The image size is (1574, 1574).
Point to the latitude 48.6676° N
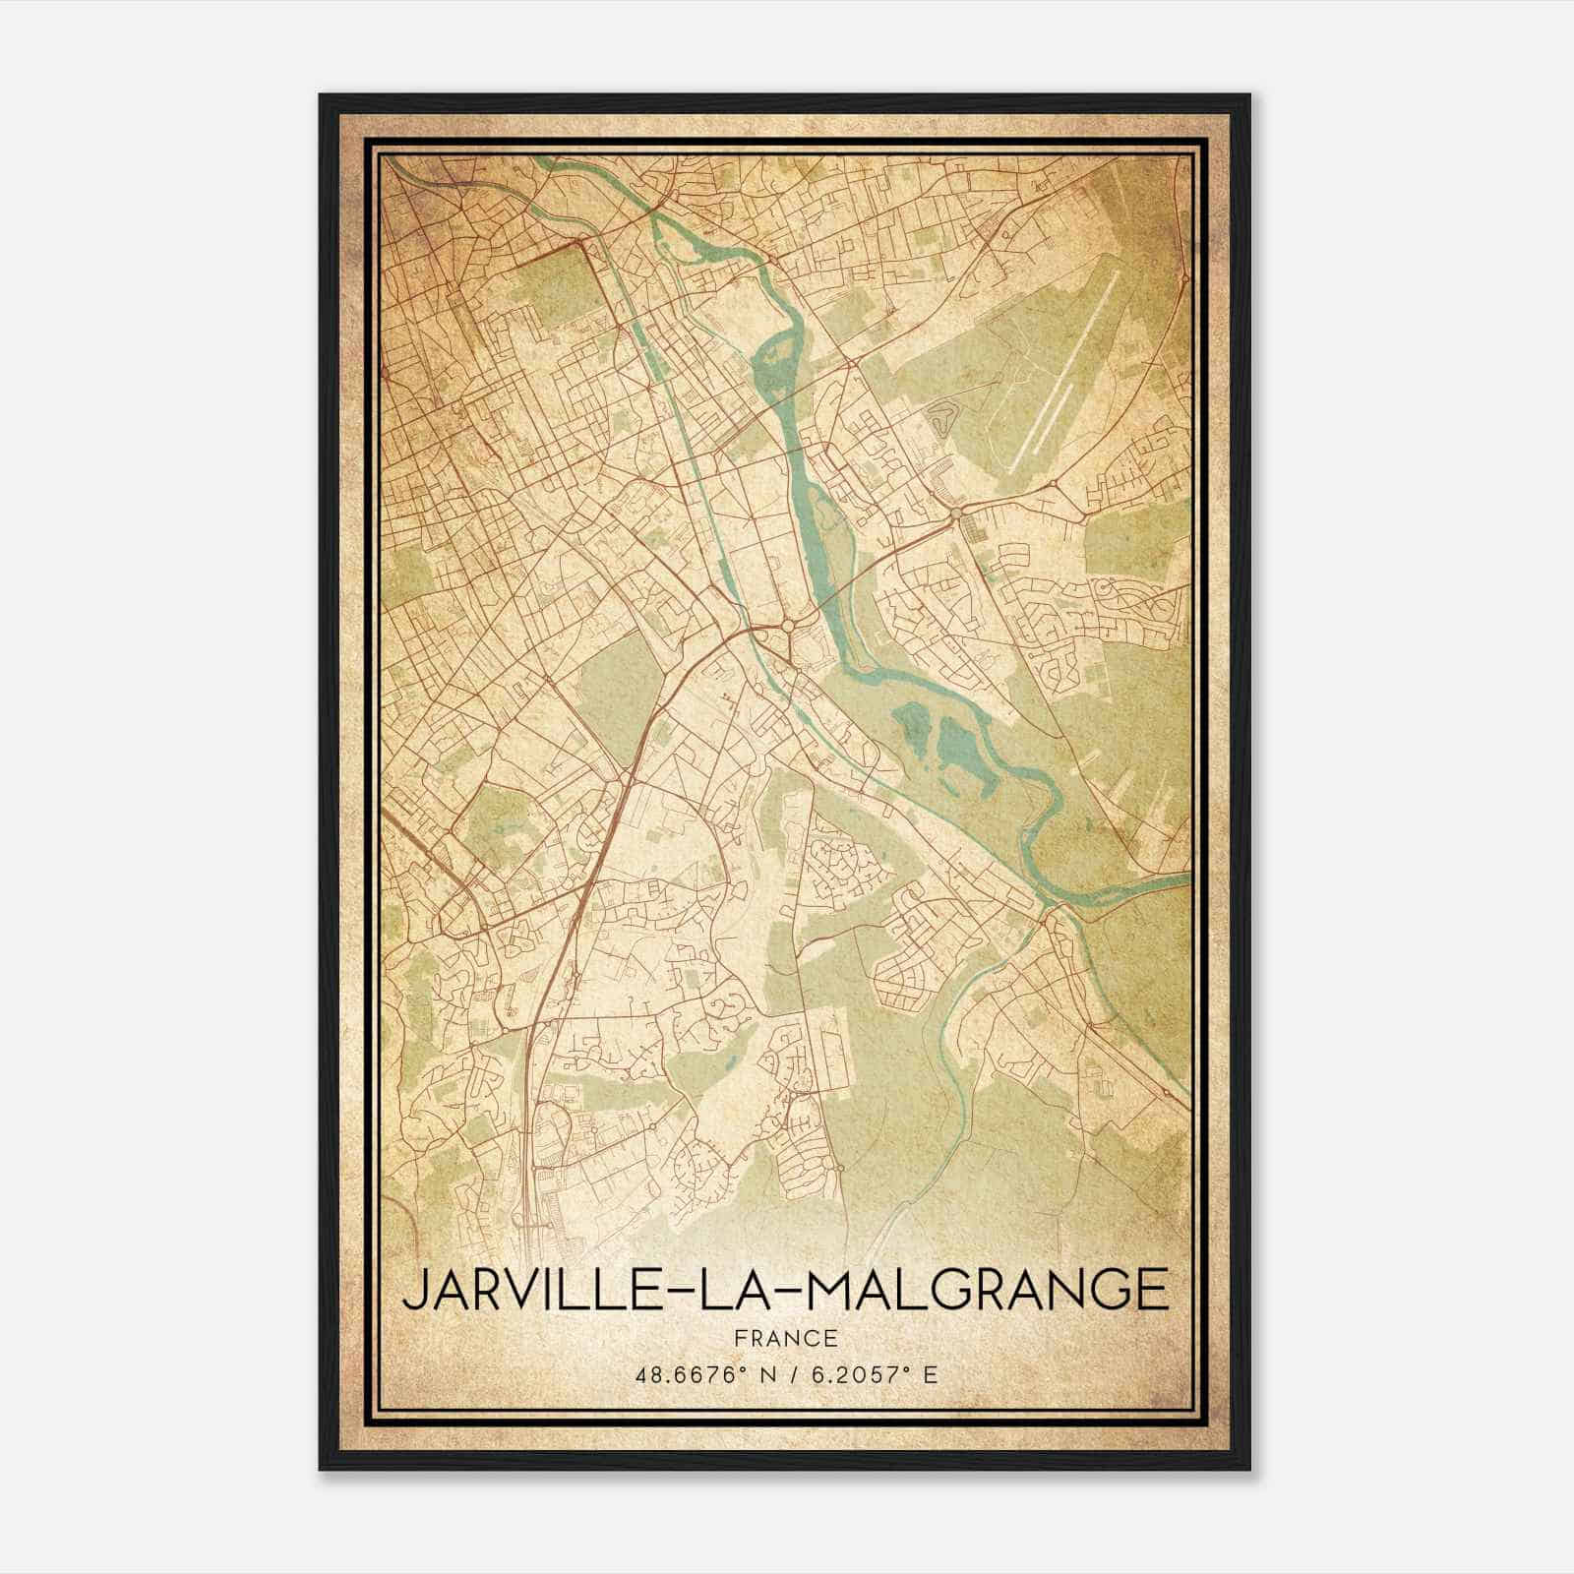click(700, 1373)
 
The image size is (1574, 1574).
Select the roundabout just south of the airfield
click(956, 513)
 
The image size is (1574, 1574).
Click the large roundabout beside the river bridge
click(788, 625)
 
